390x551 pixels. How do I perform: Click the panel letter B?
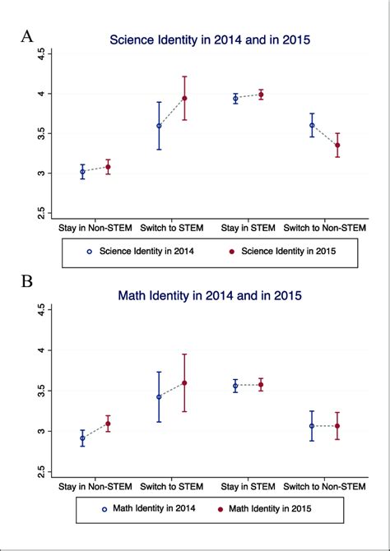27,281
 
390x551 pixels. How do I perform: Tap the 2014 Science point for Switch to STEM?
159,126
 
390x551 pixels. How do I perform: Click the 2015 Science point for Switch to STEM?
184,99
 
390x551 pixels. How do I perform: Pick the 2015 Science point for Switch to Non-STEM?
337,145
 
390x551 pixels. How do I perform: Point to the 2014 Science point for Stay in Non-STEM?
82,172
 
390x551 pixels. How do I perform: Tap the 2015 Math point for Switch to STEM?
184,383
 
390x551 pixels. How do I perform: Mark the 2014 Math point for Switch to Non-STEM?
312,426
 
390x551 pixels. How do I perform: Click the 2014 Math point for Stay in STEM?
235,386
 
